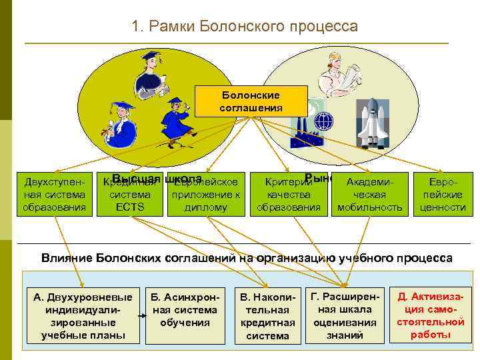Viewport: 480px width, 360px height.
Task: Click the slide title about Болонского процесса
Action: click(x=245, y=27)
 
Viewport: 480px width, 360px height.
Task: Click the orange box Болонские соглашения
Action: click(x=251, y=101)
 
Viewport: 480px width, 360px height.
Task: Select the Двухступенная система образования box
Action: click(x=55, y=195)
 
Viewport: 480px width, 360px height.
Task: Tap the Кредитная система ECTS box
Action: click(x=130, y=195)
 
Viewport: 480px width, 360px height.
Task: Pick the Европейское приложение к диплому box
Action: click(x=205, y=195)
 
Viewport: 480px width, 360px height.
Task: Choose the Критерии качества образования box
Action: click(x=289, y=195)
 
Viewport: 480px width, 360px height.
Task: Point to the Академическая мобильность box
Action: click(x=370, y=195)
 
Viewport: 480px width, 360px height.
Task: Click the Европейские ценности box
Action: click(x=443, y=195)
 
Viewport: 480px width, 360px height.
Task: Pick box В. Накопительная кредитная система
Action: click(x=267, y=315)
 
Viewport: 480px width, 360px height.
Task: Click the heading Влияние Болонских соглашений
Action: click(x=247, y=257)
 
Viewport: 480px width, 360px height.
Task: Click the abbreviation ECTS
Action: click(x=130, y=207)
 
